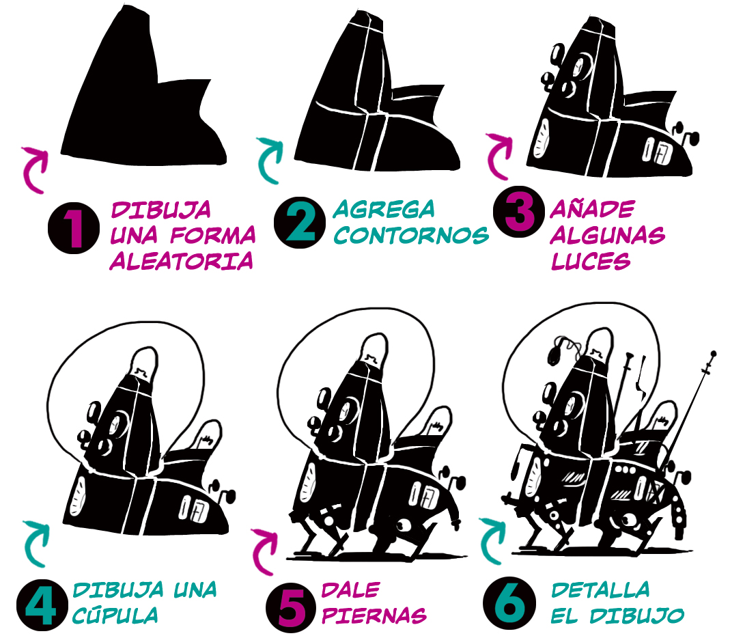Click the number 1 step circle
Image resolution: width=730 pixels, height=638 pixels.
(74, 228)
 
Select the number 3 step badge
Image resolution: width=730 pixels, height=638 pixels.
(518, 212)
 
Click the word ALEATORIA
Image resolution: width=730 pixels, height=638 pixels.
(182, 261)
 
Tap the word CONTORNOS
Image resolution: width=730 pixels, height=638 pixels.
(411, 235)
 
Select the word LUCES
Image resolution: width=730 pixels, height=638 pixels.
(590, 261)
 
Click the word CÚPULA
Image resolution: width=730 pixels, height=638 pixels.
(115, 615)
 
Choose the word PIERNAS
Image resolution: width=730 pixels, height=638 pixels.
(374, 615)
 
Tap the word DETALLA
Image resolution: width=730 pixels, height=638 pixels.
(600, 590)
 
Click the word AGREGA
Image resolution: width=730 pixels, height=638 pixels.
(384, 210)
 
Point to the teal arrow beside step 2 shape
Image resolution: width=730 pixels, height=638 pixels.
(270, 159)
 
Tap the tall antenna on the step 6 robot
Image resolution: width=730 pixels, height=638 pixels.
(691, 410)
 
